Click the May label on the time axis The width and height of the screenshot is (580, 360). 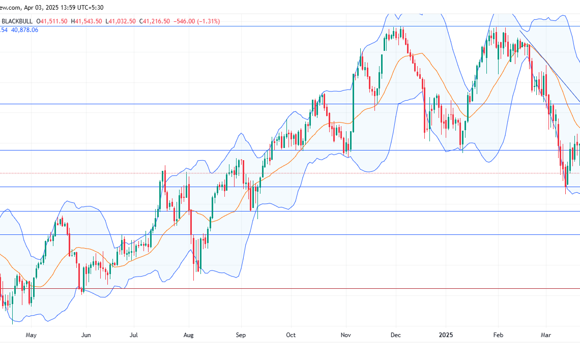[31, 335]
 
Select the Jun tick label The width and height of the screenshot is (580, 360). [86, 335]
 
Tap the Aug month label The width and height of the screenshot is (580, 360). [189, 335]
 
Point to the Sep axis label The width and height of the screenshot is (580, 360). [241, 335]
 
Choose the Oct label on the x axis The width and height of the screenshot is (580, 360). [291, 335]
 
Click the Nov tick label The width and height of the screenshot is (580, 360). [346, 335]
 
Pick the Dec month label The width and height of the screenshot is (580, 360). [396, 335]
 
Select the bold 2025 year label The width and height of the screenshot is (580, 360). [445, 335]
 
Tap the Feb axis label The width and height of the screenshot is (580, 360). [499, 335]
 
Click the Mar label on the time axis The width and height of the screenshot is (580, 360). [546, 335]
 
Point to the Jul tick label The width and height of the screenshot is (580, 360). [133, 335]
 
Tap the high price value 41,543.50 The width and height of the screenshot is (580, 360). [89, 21]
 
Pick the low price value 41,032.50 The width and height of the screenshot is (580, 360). [122, 21]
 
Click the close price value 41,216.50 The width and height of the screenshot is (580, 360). [156, 21]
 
